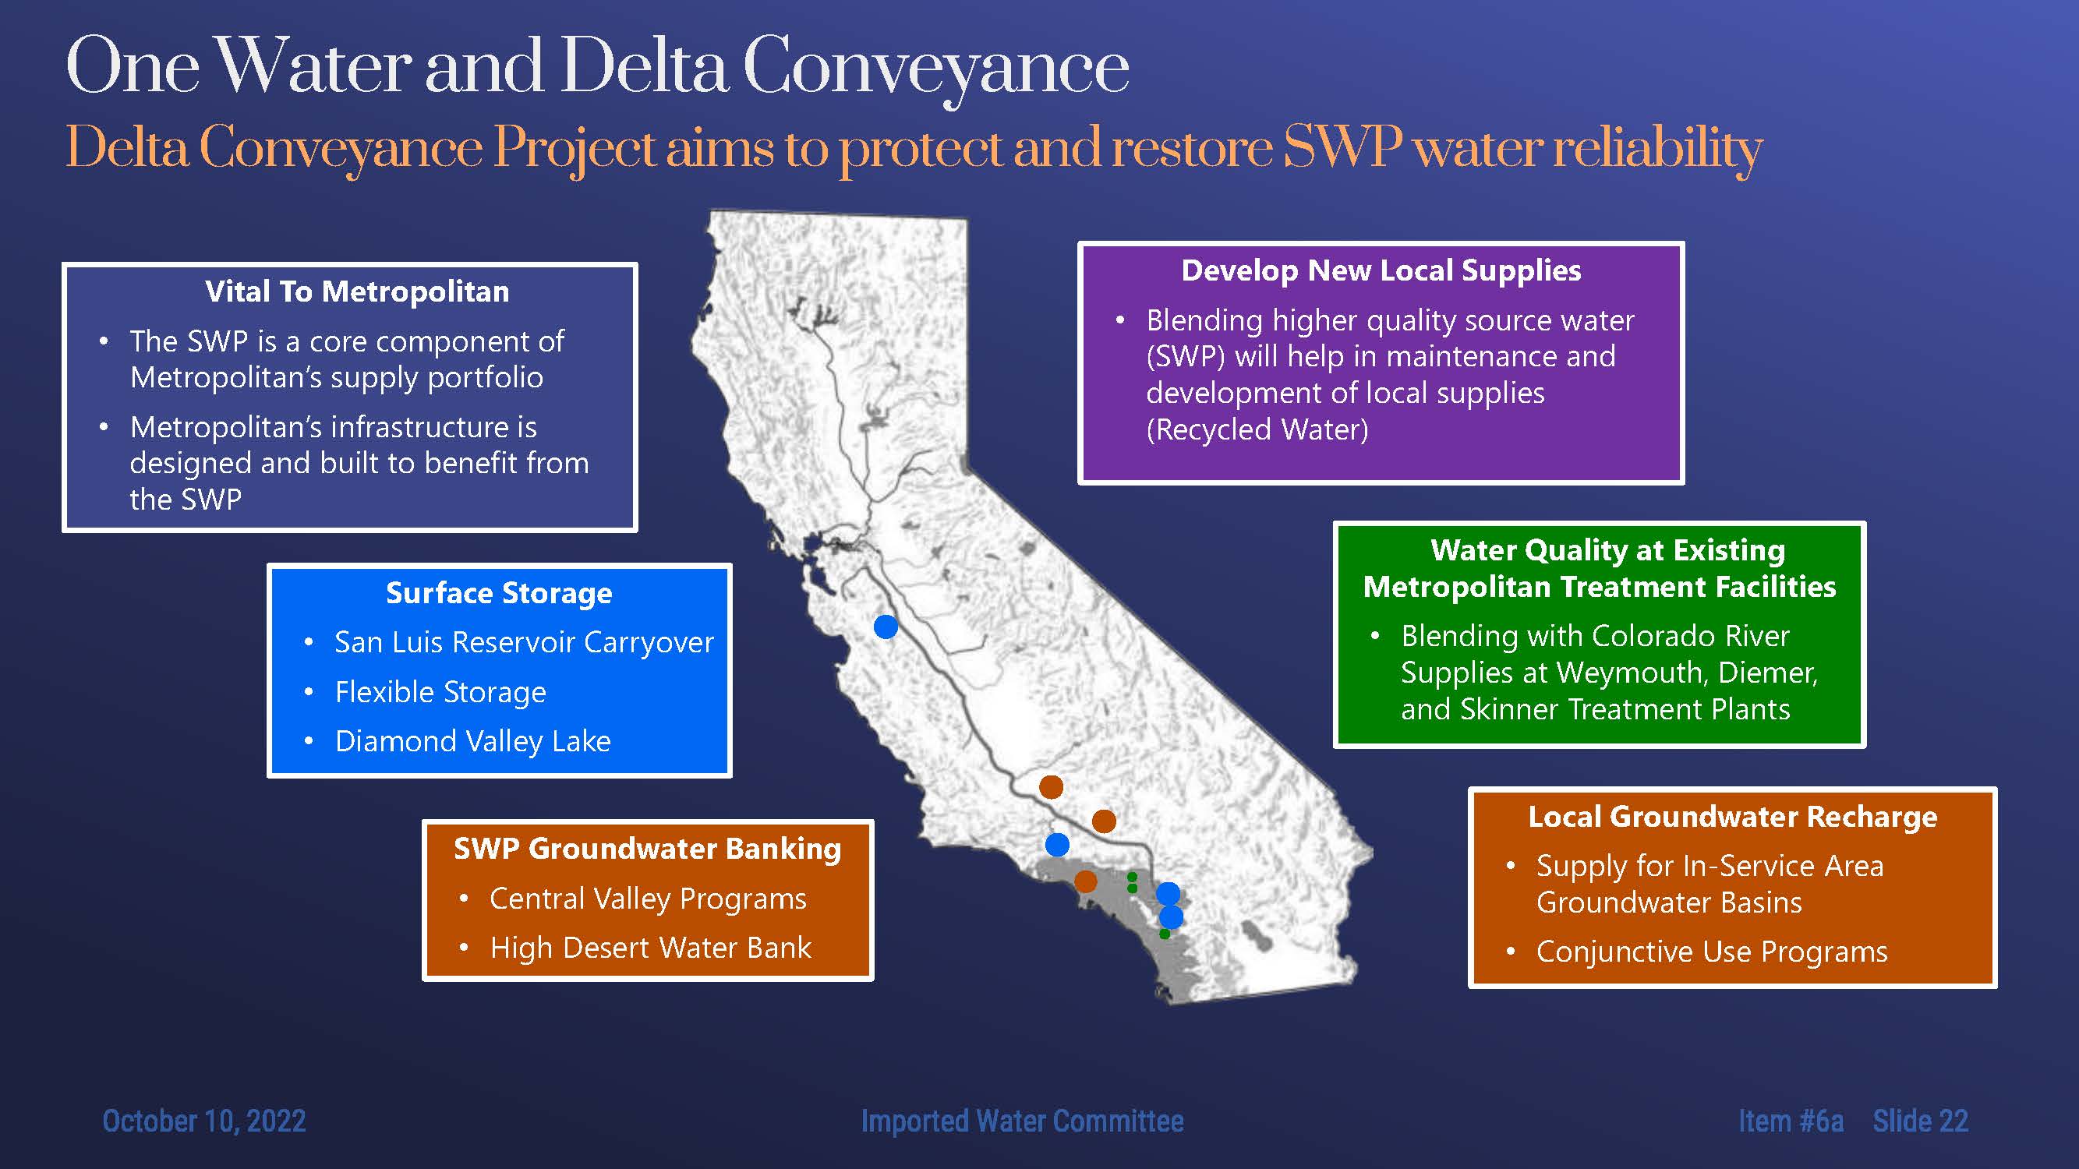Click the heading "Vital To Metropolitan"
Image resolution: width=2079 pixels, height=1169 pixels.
click(358, 291)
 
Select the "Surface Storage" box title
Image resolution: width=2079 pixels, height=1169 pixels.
click(499, 593)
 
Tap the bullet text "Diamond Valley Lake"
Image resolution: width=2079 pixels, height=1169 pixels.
click(473, 741)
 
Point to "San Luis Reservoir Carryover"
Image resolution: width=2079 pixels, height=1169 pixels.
click(525, 642)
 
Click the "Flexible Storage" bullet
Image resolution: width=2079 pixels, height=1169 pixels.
click(440, 692)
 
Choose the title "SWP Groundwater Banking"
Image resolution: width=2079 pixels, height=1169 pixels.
click(647, 849)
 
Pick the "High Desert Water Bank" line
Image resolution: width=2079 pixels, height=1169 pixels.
click(650, 948)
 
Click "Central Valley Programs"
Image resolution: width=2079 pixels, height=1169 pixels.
click(648, 899)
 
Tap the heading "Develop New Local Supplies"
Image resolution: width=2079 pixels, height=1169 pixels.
click(1381, 270)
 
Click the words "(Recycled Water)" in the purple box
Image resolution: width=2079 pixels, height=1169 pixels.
click(1257, 429)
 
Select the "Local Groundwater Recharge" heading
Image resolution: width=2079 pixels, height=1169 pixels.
click(1733, 817)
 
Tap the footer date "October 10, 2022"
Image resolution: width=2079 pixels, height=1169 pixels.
click(204, 1121)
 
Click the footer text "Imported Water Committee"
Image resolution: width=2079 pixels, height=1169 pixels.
click(1022, 1121)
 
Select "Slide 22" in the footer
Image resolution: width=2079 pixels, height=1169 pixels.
click(1921, 1121)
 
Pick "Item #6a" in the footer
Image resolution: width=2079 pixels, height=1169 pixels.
click(1791, 1121)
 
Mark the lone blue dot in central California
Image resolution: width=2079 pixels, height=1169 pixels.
click(886, 627)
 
